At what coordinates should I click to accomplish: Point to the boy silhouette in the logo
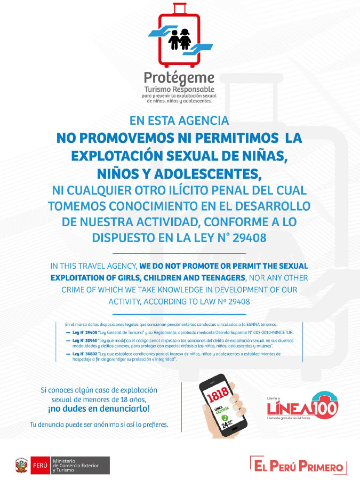point(174,39)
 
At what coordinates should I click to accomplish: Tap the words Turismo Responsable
point(179,89)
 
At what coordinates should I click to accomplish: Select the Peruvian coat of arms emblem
point(21,465)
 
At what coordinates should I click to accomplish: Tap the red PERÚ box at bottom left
point(40,465)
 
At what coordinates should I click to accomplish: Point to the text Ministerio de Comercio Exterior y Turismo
point(80,465)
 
